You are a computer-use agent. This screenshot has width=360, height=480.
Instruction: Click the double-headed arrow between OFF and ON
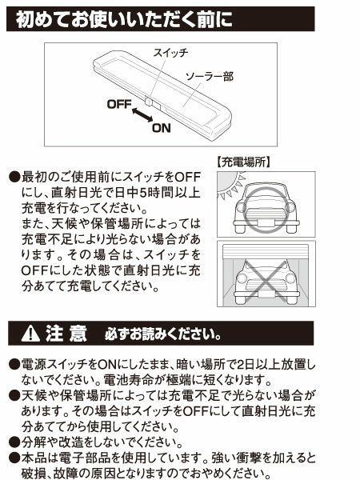(142, 117)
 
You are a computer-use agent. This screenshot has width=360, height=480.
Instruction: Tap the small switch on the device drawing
(150, 102)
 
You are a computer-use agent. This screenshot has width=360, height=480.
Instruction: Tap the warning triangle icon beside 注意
(30, 331)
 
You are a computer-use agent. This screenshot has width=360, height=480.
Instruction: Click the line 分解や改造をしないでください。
(97, 442)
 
